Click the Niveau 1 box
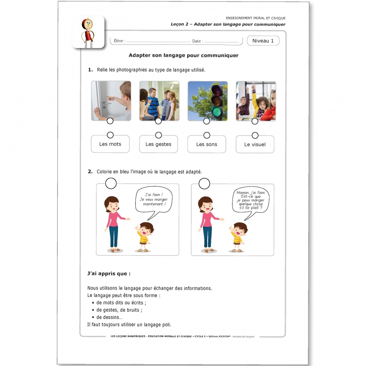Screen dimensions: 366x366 263,41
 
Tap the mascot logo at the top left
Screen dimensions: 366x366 88,32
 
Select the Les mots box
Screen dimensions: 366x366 110,144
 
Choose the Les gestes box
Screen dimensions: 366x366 158,144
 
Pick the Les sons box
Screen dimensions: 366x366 207,144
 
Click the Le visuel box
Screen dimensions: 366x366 255,145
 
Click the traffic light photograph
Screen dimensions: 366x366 207,101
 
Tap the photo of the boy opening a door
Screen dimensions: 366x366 111,101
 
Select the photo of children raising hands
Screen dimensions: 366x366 256,101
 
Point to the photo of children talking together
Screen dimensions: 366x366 159,101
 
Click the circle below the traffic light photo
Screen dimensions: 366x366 207,121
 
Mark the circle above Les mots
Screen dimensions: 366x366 110,135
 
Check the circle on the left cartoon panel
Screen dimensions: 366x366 111,183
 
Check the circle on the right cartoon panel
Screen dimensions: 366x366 205,183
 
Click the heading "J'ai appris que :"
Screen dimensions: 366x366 108,274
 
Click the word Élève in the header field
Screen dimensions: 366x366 118,41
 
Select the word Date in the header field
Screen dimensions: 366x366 197,41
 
